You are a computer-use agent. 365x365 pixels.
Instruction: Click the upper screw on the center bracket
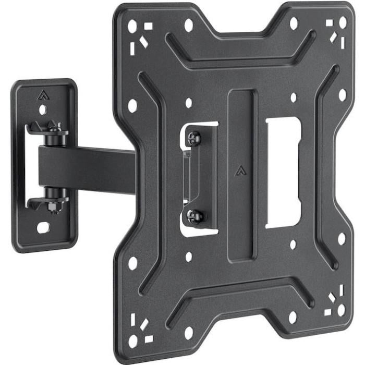click(194, 138)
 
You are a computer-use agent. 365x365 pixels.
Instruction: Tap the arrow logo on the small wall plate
click(42, 95)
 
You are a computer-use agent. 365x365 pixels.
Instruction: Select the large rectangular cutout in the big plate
click(283, 172)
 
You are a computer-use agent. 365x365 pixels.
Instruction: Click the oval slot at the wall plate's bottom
click(44, 227)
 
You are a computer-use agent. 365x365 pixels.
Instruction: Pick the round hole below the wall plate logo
click(42, 110)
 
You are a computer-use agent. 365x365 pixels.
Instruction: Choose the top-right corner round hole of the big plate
click(343, 23)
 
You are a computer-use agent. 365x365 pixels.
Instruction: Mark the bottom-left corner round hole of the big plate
click(133, 342)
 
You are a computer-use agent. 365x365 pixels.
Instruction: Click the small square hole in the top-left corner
click(149, 26)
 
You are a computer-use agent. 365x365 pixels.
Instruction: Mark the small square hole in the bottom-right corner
click(328, 312)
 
